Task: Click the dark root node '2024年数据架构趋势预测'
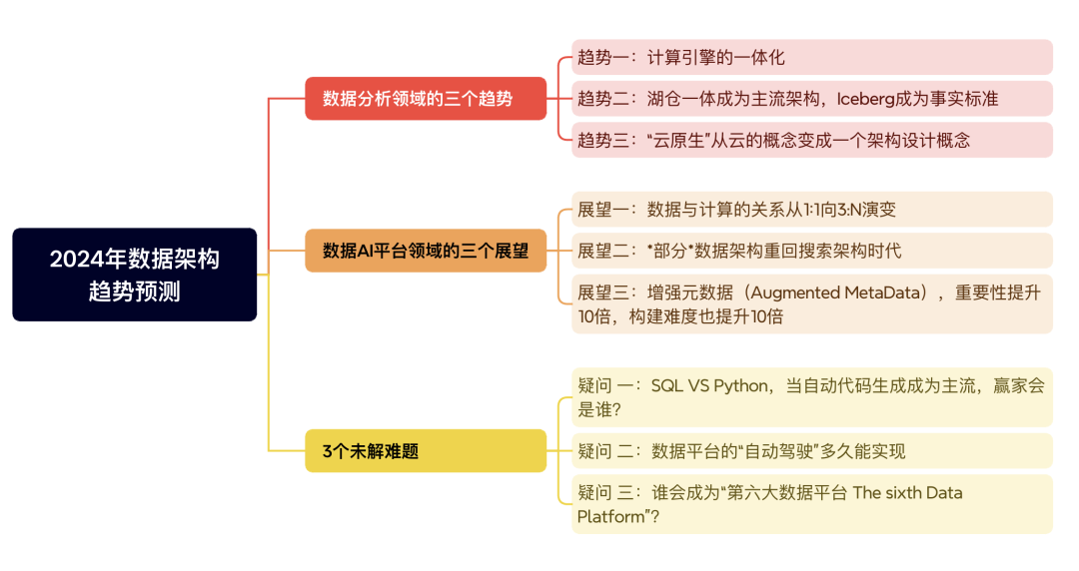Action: (134, 275)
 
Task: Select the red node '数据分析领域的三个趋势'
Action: (426, 99)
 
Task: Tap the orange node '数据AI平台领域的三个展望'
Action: (426, 251)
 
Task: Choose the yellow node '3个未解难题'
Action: (426, 451)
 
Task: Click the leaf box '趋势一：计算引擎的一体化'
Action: (811, 57)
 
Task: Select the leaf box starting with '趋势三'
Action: (811, 140)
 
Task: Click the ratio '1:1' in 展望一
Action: (792, 210)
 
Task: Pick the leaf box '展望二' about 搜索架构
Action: (811, 251)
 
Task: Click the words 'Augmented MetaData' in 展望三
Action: (842, 292)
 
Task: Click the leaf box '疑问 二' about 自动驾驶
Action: (811, 451)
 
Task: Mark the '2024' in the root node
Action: (73, 260)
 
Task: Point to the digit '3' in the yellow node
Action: (327, 451)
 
